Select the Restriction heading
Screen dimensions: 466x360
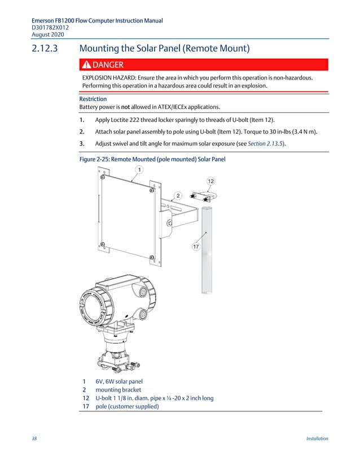77,99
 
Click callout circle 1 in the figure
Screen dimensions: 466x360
138,169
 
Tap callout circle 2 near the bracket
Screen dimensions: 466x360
178,195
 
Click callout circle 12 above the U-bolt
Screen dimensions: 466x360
210,181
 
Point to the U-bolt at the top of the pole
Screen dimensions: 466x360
204,196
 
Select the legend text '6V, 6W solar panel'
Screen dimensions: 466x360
119,381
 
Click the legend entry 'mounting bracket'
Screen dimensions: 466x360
118,389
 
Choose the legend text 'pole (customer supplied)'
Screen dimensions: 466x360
127,406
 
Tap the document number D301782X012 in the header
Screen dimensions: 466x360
51,27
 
